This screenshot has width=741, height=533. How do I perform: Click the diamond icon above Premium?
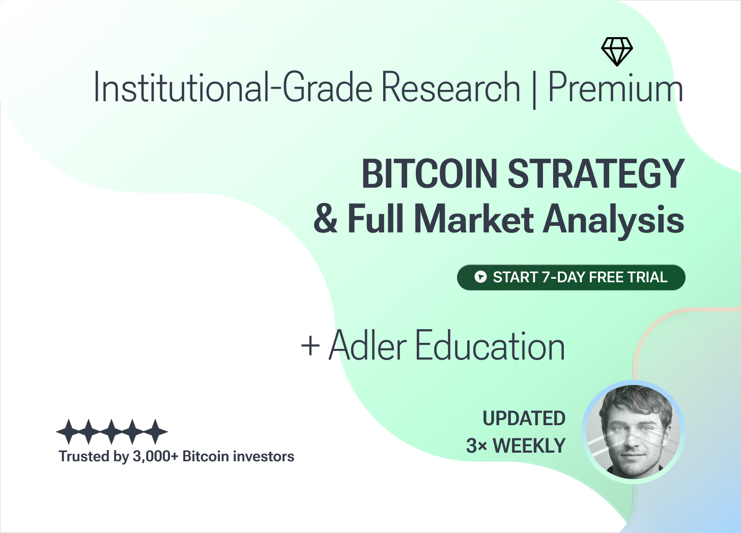(617, 51)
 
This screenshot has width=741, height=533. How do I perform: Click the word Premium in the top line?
(616, 87)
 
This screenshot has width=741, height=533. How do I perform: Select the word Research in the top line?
(451, 87)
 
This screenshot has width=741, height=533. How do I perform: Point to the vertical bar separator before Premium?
(534, 90)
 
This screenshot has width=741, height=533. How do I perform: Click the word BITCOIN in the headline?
(430, 173)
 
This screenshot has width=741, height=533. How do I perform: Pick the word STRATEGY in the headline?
(596, 173)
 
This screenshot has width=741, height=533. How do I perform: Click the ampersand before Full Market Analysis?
(326, 219)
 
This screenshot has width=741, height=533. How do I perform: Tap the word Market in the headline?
(474, 219)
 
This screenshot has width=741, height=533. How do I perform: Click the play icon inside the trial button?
(480, 277)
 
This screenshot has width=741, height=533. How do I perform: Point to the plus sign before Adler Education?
(310, 346)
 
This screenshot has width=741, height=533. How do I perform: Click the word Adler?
(367, 345)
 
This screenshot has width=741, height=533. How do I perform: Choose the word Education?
(490, 345)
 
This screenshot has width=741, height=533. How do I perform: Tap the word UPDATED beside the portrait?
(524, 418)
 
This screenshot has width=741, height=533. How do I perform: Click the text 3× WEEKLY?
(516, 446)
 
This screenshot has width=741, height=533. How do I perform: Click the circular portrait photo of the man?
(633, 432)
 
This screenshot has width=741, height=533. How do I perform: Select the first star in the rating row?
(68, 431)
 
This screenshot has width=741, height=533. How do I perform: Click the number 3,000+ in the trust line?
(156, 457)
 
